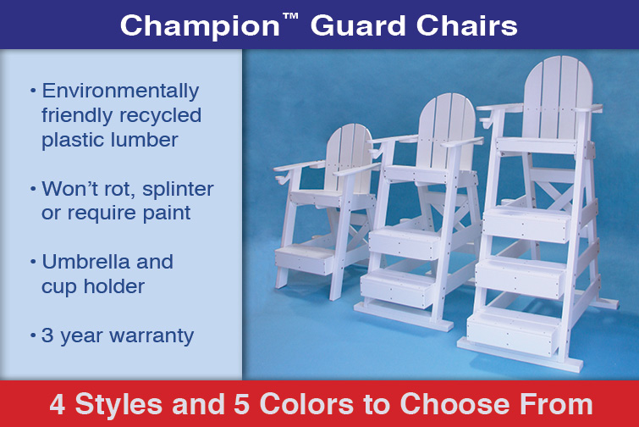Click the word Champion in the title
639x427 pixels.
[199, 26]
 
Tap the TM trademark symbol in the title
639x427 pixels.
[289, 17]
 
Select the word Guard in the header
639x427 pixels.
[358, 25]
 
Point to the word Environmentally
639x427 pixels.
[121, 91]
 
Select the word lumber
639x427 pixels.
[144, 140]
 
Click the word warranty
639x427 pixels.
[151, 336]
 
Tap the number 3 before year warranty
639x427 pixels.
[47, 335]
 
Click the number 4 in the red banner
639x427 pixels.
[58, 404]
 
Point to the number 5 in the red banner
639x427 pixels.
[242, 404]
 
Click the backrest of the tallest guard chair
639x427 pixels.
[558, 97]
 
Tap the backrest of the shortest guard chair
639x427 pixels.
[349, 158]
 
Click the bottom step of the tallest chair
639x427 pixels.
[513, 331]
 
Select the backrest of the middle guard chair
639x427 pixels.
[446, 131]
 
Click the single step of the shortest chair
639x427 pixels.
[306, 259]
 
